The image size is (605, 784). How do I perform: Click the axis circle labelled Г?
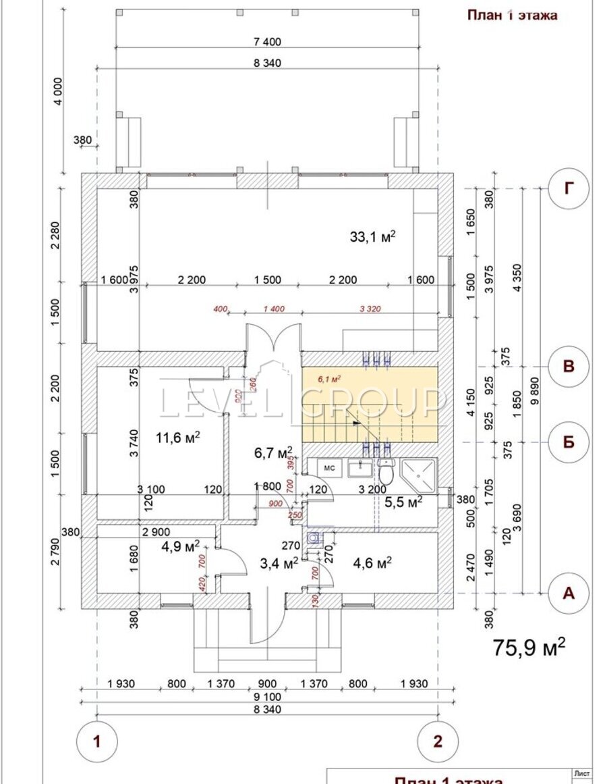click(569, 190)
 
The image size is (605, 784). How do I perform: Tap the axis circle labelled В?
click(569, 367)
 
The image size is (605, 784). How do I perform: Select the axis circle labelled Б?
click(569, 442)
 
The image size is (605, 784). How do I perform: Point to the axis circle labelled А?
click(569, 593)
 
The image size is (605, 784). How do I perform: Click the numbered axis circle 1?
click(97, 741)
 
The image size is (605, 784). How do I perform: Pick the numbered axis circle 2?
click(438, 741)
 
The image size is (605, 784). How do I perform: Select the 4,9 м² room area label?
click(179, 546)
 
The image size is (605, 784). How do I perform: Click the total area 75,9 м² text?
click(529, 647)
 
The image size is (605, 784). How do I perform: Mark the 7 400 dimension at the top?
click(267, 42)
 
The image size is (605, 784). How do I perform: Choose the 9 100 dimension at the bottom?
click(267, 696)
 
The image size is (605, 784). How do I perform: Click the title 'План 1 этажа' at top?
click(513, 16)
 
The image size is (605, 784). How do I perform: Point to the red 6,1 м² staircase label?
click(329, 380)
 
